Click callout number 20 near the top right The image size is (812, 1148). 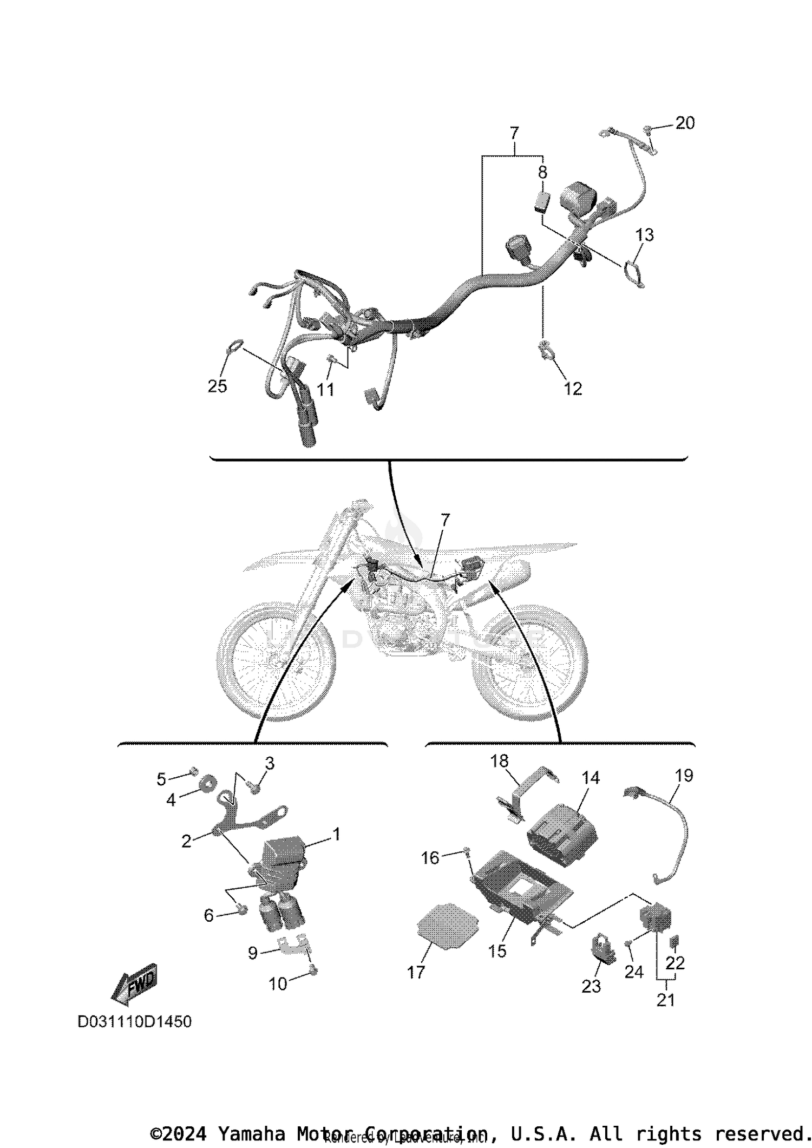click(684, 123)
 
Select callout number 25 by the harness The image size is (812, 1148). click(217, 386)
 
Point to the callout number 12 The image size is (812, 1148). click(573, 388)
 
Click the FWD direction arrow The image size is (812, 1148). click(134, 982)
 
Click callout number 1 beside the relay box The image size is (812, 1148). click(336, 834)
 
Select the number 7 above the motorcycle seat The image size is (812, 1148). click(445, 520)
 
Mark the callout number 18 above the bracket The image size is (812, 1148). click(499, 761)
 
